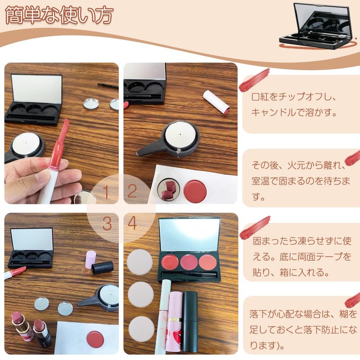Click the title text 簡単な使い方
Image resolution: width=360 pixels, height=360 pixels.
pos(58,15)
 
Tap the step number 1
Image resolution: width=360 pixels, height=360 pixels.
pos(106,192)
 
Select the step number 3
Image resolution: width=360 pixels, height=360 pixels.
pos(107,224)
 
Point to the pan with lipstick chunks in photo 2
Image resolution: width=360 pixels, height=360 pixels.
pos(168,190)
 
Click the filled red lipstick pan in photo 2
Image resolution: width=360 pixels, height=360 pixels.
pos(195,191)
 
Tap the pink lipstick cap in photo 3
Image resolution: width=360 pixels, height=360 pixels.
pos(91,259)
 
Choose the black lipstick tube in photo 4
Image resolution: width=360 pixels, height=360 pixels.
pos(190,322)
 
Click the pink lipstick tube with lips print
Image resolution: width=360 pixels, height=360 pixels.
pos(174,324)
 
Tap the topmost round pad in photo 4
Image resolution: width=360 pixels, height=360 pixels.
pos(140,261)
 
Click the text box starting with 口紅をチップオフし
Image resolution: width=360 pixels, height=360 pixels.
pos(301,104)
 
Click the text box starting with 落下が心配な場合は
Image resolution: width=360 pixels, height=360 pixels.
pos(301,324)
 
